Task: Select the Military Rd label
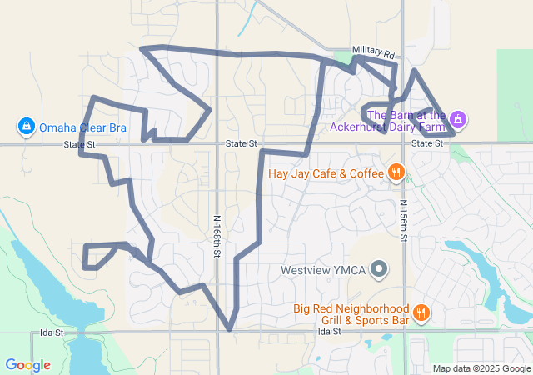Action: coord(371,51)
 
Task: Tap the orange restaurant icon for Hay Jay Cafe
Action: coord(396,173)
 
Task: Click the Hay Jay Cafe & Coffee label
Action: coord(326,174)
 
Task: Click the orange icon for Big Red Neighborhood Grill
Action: coord(421,313)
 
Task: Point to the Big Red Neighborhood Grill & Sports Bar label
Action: coord(351,314)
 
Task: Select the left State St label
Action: coord(80,145)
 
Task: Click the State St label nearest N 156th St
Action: coord(427,144)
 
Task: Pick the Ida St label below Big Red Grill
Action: coord(330,332)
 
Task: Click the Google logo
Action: coord(27,365)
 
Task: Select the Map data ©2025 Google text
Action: coord(481,368)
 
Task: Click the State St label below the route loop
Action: coord(241,144)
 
